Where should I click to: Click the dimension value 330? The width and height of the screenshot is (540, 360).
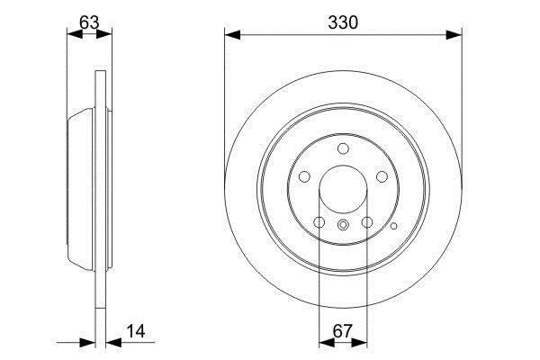click(343, 22)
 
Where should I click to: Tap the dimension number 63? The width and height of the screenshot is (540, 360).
click(89, 22)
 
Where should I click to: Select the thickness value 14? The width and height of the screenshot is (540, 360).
click(136, 331)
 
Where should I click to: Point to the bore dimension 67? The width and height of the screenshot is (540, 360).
click(343, 331)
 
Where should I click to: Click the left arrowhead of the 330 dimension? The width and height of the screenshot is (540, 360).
click(232, 35)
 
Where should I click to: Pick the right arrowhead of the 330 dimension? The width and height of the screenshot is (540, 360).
click(454, 35)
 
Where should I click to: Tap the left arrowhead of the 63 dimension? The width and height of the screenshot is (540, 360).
click(75, 34)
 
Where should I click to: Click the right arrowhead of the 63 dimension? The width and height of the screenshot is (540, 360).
click(104, 34)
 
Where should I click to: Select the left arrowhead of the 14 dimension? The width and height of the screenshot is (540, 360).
click(87, 342)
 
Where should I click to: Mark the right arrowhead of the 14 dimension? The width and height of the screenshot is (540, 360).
click(114, 342)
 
